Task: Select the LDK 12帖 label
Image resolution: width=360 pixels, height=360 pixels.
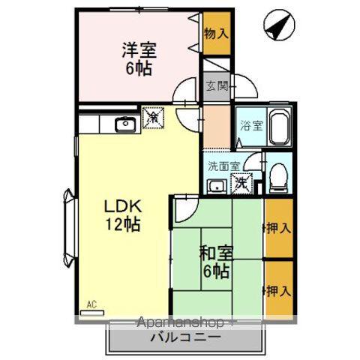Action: [x=123, y=214]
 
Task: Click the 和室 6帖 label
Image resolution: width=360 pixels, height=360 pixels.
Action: [x=214, y=259]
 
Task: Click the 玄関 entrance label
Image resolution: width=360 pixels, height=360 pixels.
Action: [x=215, y=85]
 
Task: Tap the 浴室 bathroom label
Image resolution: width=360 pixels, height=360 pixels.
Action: [x=251, y=126]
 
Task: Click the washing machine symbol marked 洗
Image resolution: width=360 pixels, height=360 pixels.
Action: [x=241, y=182]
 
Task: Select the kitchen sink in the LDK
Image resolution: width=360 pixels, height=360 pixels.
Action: [x=123, y=124]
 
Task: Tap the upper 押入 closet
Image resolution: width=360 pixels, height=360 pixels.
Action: [x=277, y=227]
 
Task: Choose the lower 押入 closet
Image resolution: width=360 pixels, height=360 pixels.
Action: [x=277, y=288]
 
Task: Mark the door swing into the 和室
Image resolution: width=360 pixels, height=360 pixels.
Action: [x=184, y=210]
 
